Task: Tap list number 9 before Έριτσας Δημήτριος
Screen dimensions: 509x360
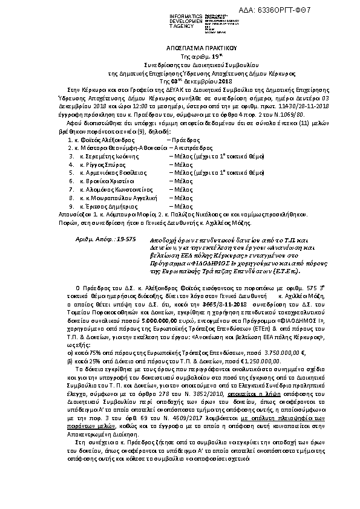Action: coord(71,206)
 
